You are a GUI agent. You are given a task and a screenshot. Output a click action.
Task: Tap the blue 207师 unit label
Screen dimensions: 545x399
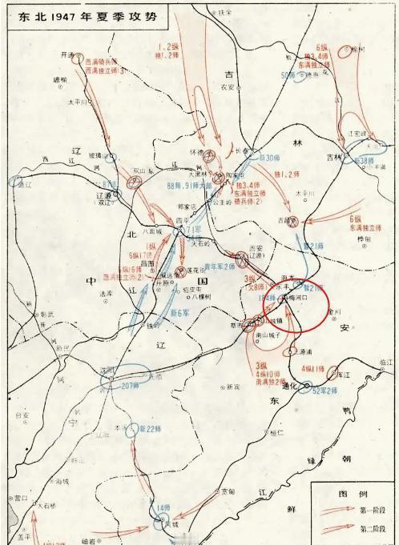(131, 384)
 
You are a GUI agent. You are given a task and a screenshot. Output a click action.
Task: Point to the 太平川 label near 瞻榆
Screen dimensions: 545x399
(77, 102)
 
